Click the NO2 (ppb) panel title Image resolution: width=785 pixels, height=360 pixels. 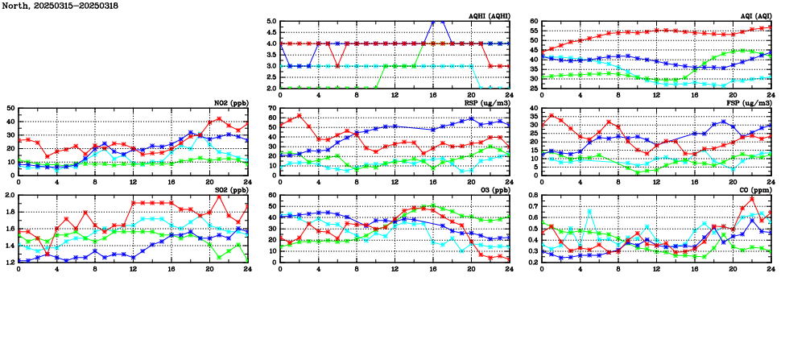pyautogui.click(x=231, y=103)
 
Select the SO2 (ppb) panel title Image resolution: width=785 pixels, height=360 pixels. pyautogui.click(x=231, y=190)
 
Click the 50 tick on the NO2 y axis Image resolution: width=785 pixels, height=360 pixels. pyautogui.click(x=10, y=108)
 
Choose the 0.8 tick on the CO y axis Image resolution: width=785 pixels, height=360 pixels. pyautogui.click(x=532, y=195)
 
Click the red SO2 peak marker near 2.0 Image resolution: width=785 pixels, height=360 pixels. pyautogui.click(x=218, y=197)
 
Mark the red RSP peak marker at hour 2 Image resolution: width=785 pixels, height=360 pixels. pyautogui.click(x=300, y=115)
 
